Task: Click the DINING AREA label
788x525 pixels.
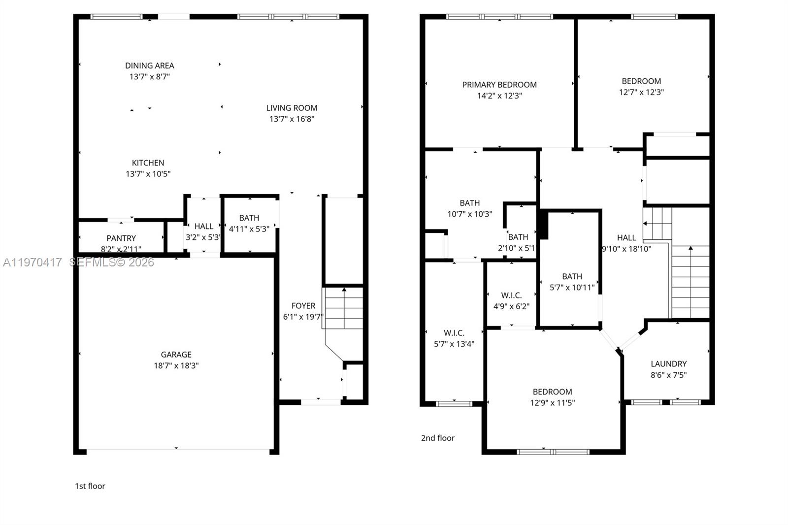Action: point(149,66)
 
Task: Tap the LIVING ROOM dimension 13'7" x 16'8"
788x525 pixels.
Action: point(292,119)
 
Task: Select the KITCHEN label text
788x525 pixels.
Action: point(148,163)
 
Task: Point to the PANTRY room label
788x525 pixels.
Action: point(121,238)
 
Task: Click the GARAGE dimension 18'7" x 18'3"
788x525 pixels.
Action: point(176,365)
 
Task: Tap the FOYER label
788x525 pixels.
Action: point(303,306)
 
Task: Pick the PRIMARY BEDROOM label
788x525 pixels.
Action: point(499,85)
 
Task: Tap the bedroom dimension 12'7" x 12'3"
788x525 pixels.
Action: point(641,92)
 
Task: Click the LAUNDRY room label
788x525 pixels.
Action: point(668,364)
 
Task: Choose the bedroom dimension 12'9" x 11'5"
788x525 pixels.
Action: point(552,402)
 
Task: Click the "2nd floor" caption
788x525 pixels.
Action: point(437,438)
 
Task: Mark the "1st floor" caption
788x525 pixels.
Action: point(90,486)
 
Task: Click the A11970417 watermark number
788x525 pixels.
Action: point(33,262)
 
